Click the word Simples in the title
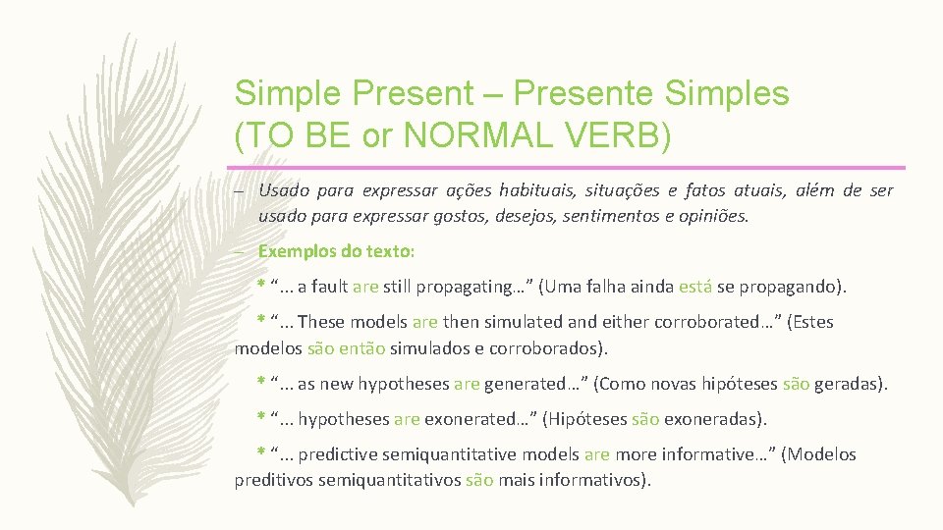point(728,93)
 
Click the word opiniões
point(711,215)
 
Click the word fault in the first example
point(329,288)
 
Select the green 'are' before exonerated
point(407,419)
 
